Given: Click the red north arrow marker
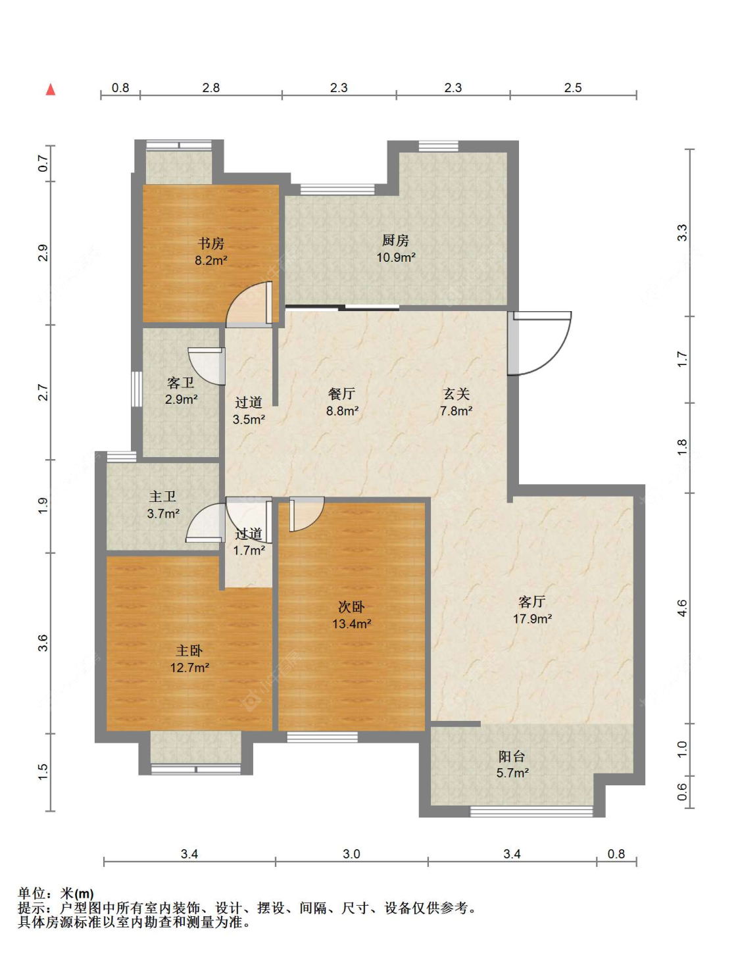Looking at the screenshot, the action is (51, 89).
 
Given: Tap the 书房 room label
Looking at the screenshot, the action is (211, 243).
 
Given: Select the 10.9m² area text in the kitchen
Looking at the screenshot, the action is (396, 257).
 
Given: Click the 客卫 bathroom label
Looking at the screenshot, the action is (180, 383).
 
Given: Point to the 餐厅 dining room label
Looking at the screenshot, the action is (341, 394).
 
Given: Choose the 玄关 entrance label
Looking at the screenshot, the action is (456, 394).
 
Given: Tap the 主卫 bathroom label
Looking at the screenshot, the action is (162, 497).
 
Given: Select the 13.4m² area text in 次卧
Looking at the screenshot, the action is (352, 624).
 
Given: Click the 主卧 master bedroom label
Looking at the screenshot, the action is (189, 650).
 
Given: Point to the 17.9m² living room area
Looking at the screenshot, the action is (532, 619).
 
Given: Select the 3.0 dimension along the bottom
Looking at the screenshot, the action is (351, 854).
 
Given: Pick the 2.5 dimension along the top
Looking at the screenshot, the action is (573, 87).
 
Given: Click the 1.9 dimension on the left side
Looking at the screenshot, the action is (43, 505).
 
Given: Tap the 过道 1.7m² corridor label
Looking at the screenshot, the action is (249, 542).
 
